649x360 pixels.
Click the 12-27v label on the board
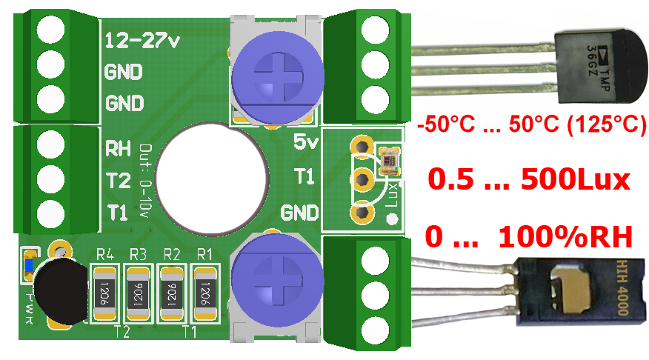point(143,41)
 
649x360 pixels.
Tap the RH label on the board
point(119,147)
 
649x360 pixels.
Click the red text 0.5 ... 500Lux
point(529,179)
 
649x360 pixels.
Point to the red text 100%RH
point(566,237)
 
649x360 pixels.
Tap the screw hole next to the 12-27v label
point(50,29)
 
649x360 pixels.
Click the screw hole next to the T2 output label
point(50,178)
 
